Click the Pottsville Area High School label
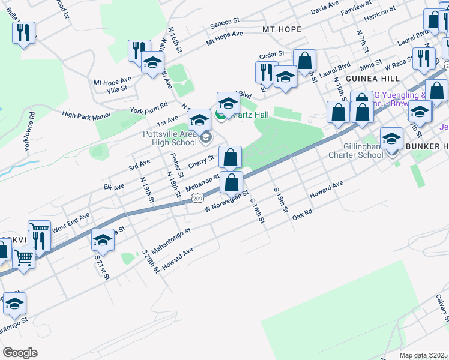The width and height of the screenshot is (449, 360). pos(169,137)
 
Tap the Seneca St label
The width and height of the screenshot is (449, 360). pos(225,26)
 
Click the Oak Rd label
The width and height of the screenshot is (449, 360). pos(303,214)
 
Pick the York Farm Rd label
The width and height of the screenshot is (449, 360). pos(149,108)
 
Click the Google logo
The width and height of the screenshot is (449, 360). pos(19,353)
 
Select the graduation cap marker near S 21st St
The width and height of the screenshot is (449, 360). pos(103,241)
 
